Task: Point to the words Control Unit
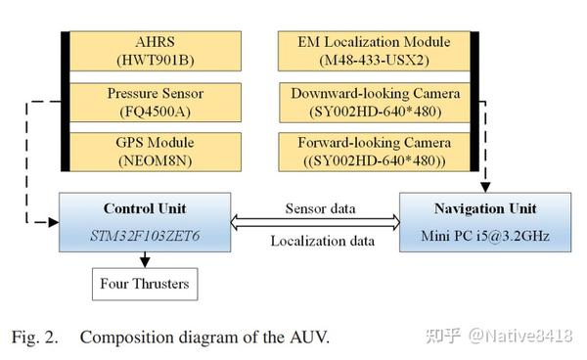(145, 209)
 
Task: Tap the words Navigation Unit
(485, 209)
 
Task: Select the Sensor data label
(319, 208)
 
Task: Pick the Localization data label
(319, 239)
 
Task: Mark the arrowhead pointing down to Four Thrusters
(145, 261)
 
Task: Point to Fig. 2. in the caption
(36, 337)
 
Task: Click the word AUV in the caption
(308, 337)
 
